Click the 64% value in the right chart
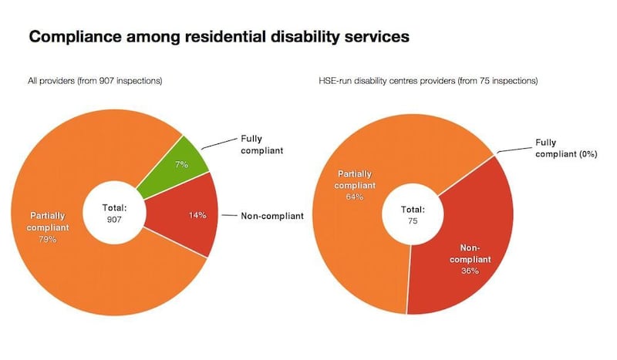[x=355, y=197]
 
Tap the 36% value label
[x=470, y=271]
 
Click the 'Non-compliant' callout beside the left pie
[x=272, y=216]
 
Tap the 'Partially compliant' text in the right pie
[x=355, y=179]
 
